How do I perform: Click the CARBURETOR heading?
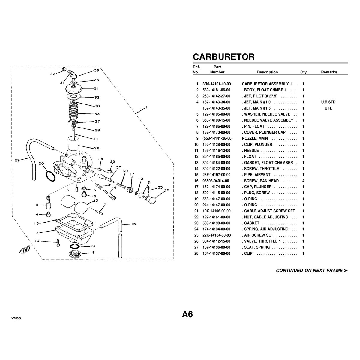pos(223,57)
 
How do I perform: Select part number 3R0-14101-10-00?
pos(217,84)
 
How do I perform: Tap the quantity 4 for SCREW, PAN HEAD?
pos(303,181)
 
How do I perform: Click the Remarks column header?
pos(329,72)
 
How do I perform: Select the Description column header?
pos(267,72)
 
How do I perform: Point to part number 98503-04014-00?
pos(216,181)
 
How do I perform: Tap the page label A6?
pos(187,314)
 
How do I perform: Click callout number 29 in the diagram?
pos(17,160)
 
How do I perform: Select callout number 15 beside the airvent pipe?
pos(133,224)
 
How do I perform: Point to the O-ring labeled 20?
pos(51,177)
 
